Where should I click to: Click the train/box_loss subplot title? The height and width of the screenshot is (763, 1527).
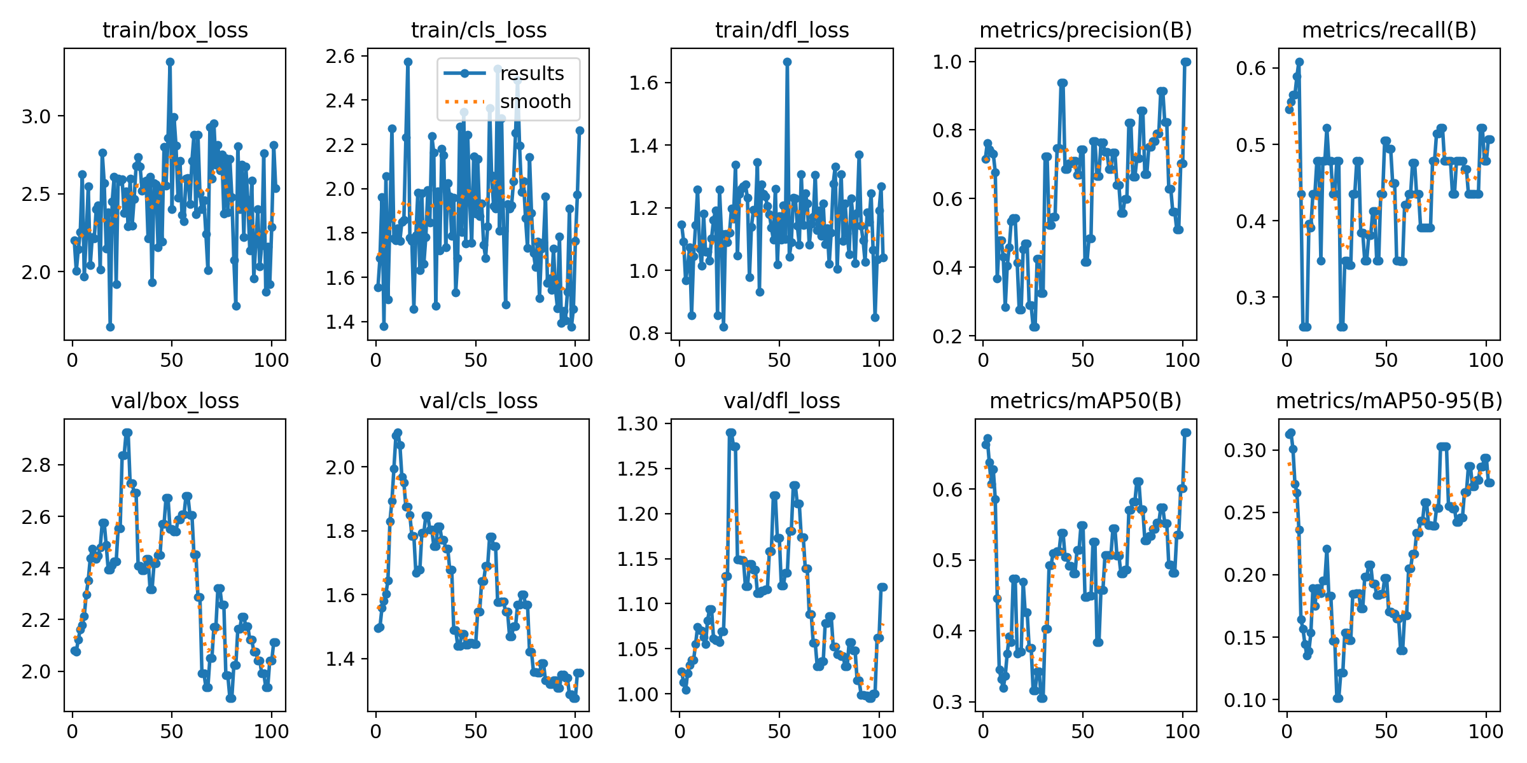point(175,30)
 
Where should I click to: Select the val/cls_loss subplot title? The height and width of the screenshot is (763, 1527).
point(478,401)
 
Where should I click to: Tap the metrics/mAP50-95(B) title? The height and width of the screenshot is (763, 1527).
point(1389,401)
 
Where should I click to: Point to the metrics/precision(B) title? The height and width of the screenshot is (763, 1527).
point(1085,30)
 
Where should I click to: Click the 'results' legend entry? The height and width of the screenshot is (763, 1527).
point(532,74)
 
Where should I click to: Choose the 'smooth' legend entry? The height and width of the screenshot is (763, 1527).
point(535,102)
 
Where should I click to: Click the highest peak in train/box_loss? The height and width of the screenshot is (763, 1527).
point(170,62)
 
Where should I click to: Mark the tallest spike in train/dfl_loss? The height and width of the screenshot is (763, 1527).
point(787,62)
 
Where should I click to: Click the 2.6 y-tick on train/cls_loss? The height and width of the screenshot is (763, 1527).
point(340,56)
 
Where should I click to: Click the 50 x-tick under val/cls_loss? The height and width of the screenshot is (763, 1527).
point(475,731)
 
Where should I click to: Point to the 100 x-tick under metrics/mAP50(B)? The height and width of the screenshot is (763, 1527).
point(1182,731)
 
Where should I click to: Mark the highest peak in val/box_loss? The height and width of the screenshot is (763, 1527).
point(127,433)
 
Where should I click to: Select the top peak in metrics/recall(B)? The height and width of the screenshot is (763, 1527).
point(1299,62)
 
